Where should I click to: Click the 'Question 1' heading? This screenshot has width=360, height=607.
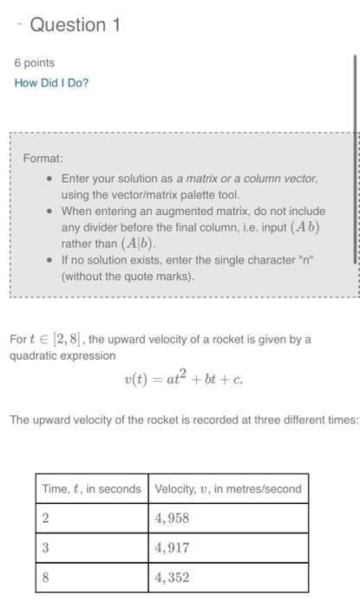75,25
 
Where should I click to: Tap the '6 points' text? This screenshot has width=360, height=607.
35,62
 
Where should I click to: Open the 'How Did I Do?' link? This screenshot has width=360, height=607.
51,82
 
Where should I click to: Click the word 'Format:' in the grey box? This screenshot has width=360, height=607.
43,159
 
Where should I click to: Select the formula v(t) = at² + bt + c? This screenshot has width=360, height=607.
183,378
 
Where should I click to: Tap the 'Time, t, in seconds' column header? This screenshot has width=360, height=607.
91,488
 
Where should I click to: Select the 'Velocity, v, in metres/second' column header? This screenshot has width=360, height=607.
228,488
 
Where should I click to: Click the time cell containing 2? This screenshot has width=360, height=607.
45,518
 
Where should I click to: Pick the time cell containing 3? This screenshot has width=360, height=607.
45,547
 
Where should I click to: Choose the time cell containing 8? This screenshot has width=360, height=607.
45,577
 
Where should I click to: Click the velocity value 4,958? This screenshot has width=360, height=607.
172,518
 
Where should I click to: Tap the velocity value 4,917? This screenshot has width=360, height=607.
172,547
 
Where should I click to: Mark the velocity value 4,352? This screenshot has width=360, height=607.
172,577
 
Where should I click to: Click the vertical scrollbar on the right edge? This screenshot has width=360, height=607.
354,156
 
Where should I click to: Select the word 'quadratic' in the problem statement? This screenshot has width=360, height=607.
34,356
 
